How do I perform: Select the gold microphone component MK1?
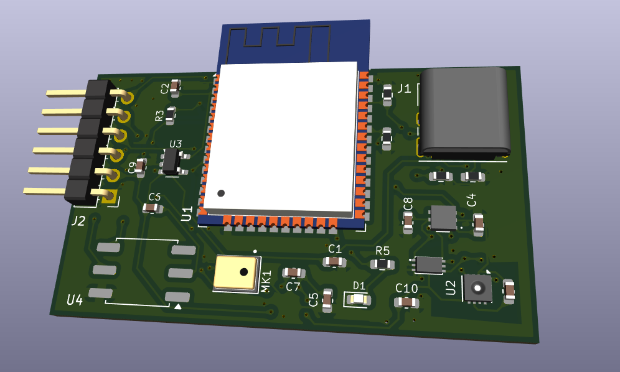237,273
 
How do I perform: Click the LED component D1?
358,300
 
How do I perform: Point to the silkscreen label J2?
78,220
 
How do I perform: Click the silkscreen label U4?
75,300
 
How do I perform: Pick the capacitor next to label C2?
175,87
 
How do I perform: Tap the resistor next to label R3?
171,115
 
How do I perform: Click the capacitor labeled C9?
141,167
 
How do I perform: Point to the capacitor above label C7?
293,272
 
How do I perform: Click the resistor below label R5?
382,264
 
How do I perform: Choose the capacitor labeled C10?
406,302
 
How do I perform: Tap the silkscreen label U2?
451,287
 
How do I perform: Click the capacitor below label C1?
335,261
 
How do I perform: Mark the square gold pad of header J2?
111,198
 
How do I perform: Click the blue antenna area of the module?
293,40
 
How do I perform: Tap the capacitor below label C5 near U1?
153,208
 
